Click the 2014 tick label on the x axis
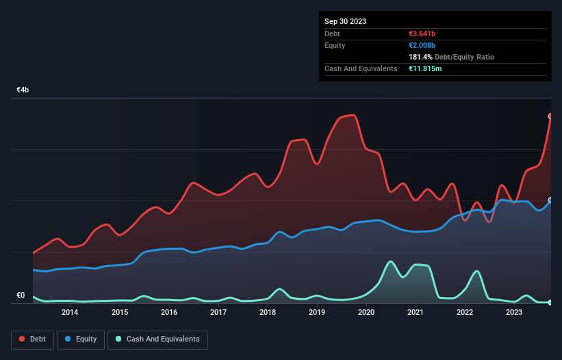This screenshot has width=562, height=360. tap(70, 313)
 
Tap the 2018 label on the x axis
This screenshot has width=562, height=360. tap(268, 313)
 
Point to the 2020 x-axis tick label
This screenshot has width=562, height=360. tap(366, 313)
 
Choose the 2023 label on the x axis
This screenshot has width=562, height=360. tap(514, 313)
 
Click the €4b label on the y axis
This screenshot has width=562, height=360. tap(23, 90)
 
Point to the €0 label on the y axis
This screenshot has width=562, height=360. tap(21, 296)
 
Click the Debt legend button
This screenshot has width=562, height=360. tap(32, 339)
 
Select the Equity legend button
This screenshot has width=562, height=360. tap(81, 339)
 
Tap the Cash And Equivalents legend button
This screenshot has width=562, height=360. tap(157, 339)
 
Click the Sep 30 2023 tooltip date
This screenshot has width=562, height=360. tap(345, 21)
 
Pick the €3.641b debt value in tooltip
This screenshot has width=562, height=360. tap(423, 34)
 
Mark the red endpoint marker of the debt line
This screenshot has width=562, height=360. tap(550, 116)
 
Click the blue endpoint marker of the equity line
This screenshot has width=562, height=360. tap(550, 201)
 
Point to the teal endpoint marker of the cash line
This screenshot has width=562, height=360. tap(550, 302)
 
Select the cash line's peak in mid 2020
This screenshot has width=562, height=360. tap(390, 261)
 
